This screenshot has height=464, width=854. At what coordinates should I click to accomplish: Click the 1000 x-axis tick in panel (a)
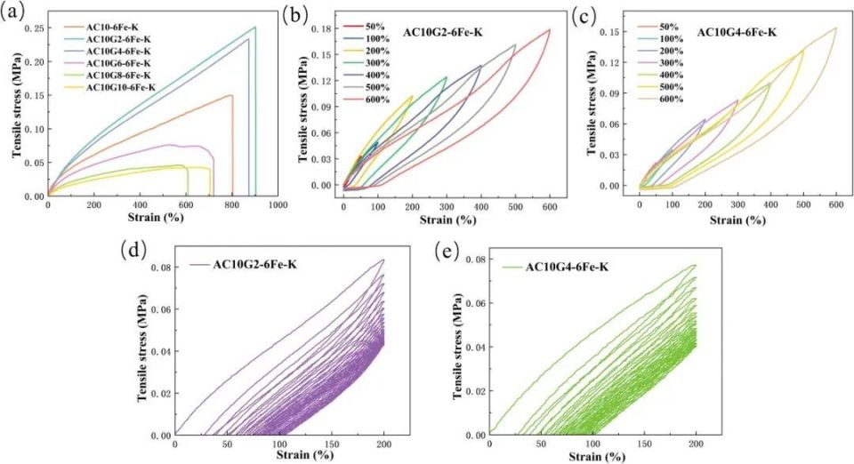pyautogui.click(x=278, y=204)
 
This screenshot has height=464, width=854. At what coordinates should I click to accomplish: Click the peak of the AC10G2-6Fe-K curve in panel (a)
pyautogui.click(x=255, y=27)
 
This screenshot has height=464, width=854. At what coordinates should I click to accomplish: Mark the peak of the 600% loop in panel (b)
pyautogui.click(x=549, y=29)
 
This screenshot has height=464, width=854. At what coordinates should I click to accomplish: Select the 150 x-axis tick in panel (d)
pyautogui.click(x=332, y=445)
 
